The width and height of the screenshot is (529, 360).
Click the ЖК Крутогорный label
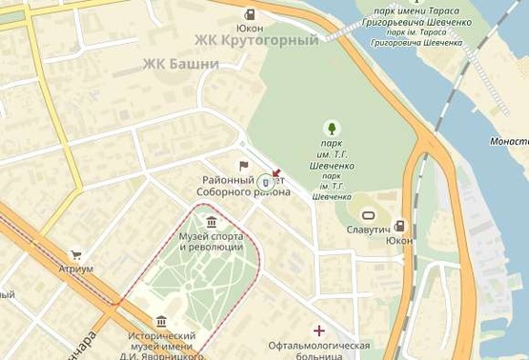tap(256, 40)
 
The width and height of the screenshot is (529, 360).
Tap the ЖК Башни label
tap(180, 64)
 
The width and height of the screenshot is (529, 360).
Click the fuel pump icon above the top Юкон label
tap(250, 14)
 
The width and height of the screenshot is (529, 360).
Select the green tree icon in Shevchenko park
tap(331, 128)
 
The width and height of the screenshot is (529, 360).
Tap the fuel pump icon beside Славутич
tap(399, 226)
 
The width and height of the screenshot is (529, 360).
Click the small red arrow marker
tap(276, 174)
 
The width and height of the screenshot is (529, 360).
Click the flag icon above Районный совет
tap(243, 166)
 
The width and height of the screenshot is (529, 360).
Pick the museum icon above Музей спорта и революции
tap(211, 223)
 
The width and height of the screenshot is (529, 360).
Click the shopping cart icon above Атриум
tap(76, 254)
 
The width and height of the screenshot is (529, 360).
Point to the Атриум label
tap(76, 269)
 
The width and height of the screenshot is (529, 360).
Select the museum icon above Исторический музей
tap(161, 321)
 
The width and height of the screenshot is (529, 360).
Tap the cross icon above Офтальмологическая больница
tap(318, 330)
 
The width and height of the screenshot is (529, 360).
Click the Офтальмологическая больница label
tap(318, 350)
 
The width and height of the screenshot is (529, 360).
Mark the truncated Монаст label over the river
tap(510, 140)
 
